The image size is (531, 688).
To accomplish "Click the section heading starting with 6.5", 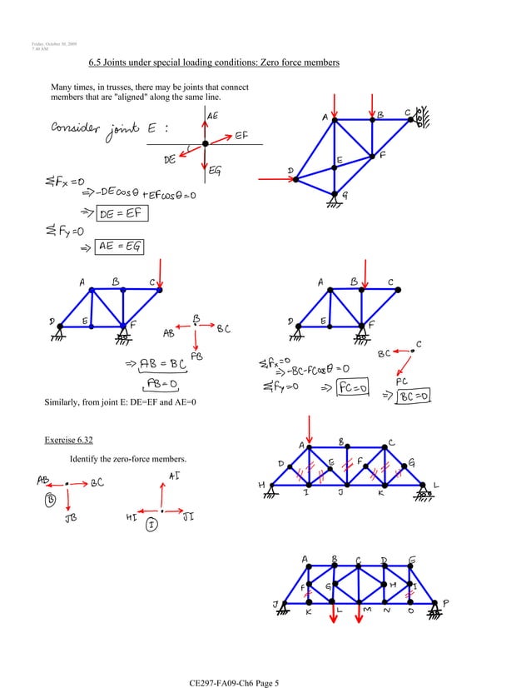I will pyautogui.click(x=213, y=63).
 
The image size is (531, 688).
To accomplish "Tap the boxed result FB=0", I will pyautogui.click(x=166, y=382).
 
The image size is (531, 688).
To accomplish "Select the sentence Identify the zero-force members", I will pyautogui.click(x=129, y=460).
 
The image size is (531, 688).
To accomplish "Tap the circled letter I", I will pyautogui.click(x=151, y=525).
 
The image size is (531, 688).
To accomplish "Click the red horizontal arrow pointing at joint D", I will pyautogui.click(x=273, y=176).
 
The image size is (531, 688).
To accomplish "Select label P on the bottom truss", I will pyautogui.click(x=445, y=602).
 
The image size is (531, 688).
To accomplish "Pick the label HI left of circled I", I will pyautogui.click(x=131, y=516).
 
